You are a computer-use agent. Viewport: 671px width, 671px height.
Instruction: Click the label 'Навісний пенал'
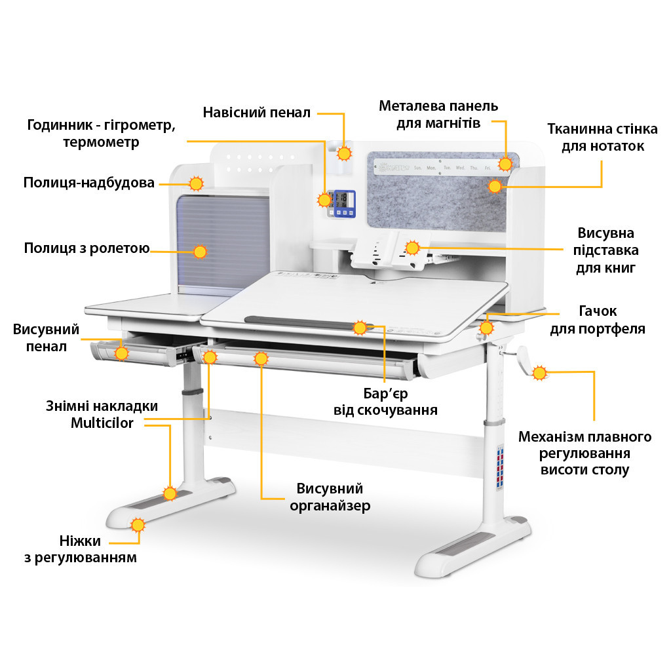pyautogui.click(x=256, y=113)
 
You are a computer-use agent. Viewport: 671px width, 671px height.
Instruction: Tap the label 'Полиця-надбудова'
pyautogui.click(x=88, y=183)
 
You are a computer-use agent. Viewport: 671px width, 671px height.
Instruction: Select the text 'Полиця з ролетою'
pyautogui.click(x=86, y=248)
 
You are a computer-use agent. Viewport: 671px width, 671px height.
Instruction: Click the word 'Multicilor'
pyautogui.click(x=102, y=423)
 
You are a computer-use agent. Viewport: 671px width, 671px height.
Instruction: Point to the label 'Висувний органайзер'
pyautogui.click(x=330, y=497)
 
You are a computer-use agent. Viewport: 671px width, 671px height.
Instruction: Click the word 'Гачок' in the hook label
pyautogui.click(x=597, y=311)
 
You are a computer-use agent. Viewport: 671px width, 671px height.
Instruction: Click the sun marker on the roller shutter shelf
pyautogui.click(x=200, y=251)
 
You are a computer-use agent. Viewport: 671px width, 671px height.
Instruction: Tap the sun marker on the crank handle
pyautogui.click(x=539, y=374)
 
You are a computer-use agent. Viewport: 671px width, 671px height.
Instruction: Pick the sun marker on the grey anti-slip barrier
pyautogui.click(x=359, y=328)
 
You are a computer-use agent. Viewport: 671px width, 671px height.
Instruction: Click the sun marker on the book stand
pyautogui.click(x=412, y=248)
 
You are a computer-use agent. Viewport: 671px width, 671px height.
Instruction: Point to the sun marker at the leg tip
pyautogui.click(x=138, y=524)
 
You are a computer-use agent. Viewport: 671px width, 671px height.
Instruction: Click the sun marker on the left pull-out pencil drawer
pyautogui.click(x=121, y=353)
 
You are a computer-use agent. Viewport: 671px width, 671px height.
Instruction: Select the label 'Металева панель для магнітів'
pyautogui.click(x=438, y=114)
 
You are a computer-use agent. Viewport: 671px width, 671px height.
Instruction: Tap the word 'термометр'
pyautogui.click(x=101, y=142)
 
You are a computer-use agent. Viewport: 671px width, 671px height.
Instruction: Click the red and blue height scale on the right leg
pyautogui.click(x=499, y=467)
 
